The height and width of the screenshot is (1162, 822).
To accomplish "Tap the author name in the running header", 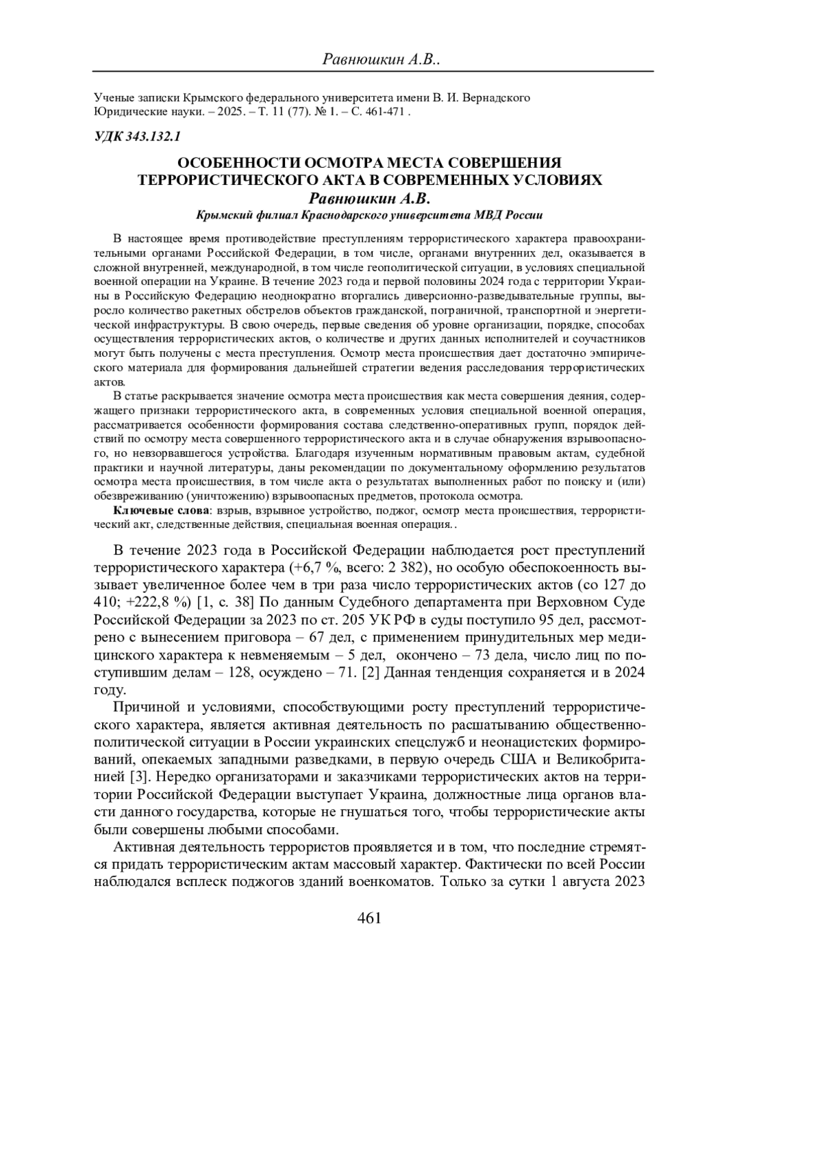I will (381, 60).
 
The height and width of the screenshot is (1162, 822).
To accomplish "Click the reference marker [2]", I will (370, 672).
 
